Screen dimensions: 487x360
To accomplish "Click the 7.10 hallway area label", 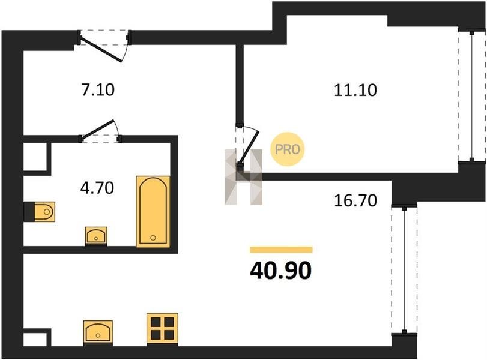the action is pos(98,90).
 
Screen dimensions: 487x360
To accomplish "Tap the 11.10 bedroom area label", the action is pos(355,91).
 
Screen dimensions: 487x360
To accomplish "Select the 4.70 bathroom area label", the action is pos(97,188).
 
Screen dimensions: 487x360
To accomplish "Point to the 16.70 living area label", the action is pos(355,200).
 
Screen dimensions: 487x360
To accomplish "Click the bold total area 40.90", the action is pos(280,271).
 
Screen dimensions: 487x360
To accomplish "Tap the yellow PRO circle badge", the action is pos(287,149).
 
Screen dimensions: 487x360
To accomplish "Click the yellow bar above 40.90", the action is pos(281,250).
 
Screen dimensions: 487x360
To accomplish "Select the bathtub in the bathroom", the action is pos(153,212).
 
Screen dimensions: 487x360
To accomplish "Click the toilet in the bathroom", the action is pos(44,212).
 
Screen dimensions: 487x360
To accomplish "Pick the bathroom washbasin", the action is pos(96,235).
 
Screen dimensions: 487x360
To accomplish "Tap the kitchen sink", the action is pos(98,332).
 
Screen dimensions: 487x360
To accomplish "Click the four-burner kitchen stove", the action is pos(163,329).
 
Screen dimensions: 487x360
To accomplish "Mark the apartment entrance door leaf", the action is pos(101,49).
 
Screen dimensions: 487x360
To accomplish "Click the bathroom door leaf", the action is pos(98,129).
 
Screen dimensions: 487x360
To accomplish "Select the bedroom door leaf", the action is pos(249,148).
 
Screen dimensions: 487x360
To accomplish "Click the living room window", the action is pos(404,269).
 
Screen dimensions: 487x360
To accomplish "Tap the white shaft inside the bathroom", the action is pos(35,157).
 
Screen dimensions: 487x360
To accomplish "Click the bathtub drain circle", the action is pos(153,238).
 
